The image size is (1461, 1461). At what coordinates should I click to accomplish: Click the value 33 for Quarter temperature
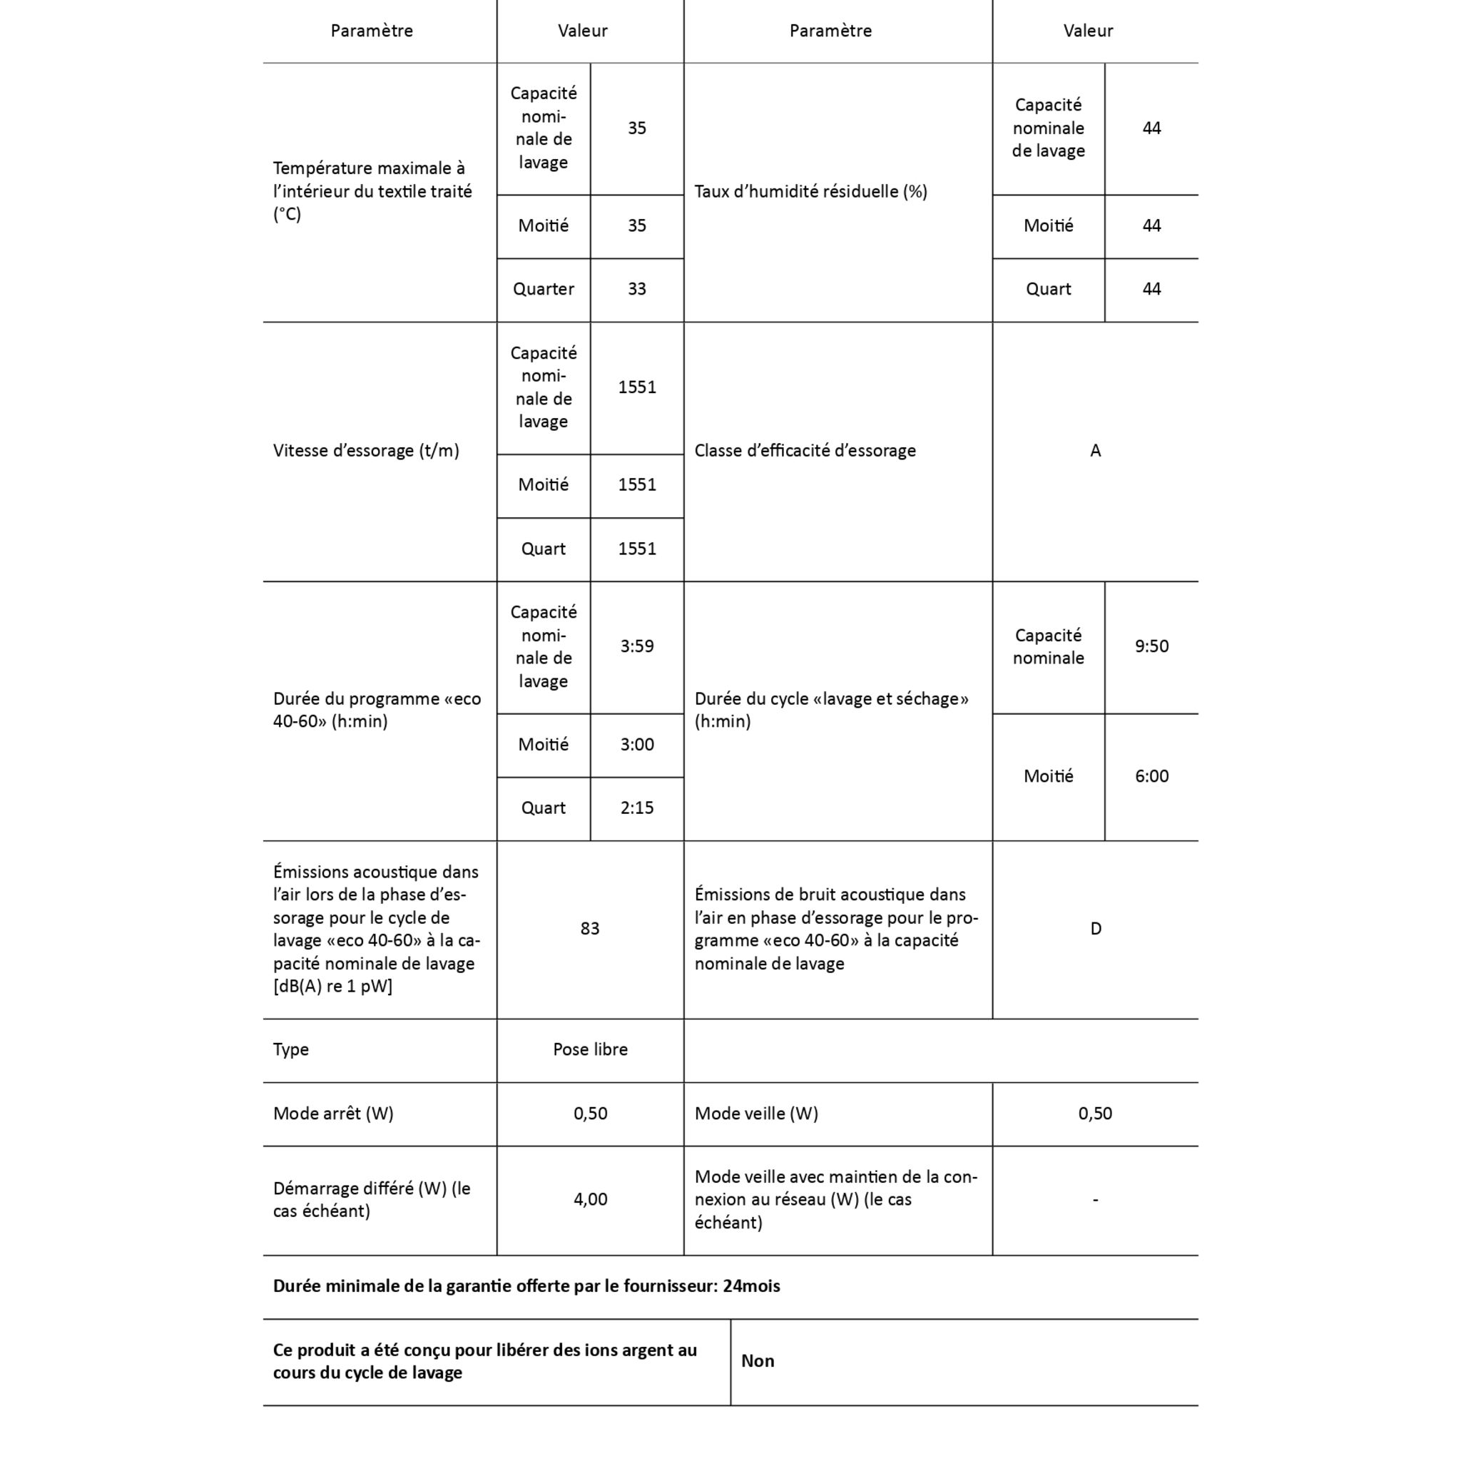tap(637, 289)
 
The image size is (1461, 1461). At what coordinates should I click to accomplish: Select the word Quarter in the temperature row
tap(543, 289)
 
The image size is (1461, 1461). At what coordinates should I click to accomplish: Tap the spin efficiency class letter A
tap(1095, 451)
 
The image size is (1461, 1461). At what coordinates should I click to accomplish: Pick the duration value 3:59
tap(637, 646)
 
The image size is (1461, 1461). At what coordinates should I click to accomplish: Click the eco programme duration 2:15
tap(637, 808)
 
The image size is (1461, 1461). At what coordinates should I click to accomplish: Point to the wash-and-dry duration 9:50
tap(1151, 646)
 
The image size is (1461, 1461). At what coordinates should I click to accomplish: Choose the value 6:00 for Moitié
tap(1151, 776)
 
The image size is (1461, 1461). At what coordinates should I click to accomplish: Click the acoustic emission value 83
tap(590, 928)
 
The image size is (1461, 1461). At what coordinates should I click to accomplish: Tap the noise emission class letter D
tap(1095, 928)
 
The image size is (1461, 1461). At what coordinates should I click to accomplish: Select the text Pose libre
tap(590, 1049)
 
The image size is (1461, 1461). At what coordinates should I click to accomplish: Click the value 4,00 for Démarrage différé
tap(590, 1198)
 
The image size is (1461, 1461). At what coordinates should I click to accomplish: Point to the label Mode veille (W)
tap(756, 1113)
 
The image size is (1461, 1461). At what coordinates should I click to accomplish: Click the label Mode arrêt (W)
tap(333, 1113)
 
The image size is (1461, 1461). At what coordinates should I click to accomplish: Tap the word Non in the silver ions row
tap(758, 1360)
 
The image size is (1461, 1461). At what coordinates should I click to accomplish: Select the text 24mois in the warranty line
tap(751, 1286)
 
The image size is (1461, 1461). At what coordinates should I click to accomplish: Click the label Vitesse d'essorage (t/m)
tap(366, 451)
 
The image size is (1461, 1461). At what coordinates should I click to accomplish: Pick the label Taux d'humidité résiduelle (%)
tap(810, 191)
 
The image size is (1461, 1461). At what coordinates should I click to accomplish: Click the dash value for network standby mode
tap(1095, 1199)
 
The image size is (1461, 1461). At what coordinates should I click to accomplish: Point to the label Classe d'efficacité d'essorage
tap(805, 451)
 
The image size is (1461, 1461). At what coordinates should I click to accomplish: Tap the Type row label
tap(291, 1049)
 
